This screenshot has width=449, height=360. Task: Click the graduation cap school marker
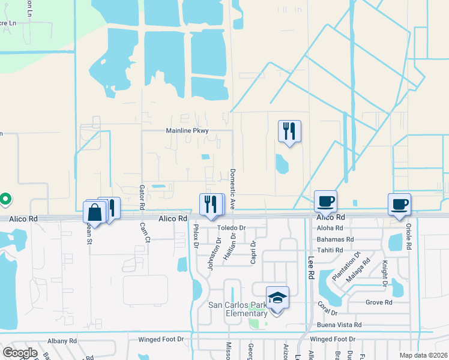click(x=278, y=298)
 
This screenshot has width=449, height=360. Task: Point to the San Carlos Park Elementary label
click(x=238, y=309)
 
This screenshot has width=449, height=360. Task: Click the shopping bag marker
click(x=96, y=212)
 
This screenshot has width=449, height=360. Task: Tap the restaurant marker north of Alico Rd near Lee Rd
click(x=289, y=131)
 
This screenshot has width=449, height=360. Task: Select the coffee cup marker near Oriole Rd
click(x=399, y=205)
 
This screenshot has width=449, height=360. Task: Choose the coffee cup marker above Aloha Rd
click(x=325, y=202)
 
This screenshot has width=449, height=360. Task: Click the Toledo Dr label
click(x=232, y=228)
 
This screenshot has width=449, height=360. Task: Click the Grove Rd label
click(x=378, y=302)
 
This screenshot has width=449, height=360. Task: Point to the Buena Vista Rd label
click(x=340, y=325)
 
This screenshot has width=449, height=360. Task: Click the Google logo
click(x=20, y=353)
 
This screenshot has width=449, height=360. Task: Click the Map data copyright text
click(x=423, y=355)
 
